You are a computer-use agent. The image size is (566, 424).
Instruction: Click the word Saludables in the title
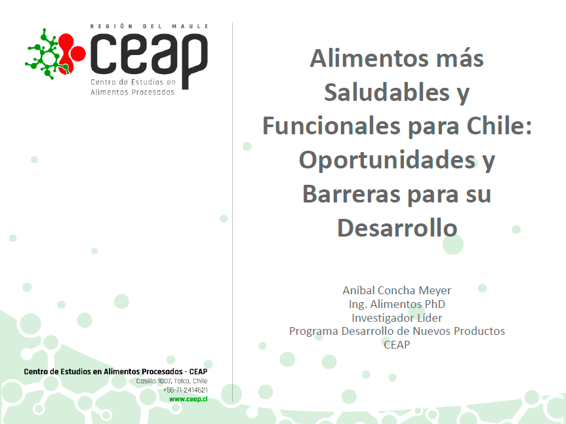[386, 92]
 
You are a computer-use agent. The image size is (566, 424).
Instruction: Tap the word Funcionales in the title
[331, 126]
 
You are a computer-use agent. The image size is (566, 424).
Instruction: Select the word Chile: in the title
[499, 126]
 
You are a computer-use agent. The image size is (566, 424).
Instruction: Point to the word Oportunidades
[387, 160]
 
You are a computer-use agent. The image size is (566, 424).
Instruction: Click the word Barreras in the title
[352, 194]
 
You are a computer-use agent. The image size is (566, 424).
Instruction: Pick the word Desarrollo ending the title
[397, 228]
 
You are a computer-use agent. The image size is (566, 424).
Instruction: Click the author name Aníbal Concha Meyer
[397, 290]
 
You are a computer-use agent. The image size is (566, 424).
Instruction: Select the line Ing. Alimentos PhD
[397, 304]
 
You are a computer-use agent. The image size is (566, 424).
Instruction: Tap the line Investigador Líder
[397, 318]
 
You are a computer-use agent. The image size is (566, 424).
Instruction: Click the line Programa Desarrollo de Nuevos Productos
[397, 331]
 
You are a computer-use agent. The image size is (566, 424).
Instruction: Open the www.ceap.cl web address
[188, 399]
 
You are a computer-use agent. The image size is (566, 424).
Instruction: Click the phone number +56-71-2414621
[185, 390]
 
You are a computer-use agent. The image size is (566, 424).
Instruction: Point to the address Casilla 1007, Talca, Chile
[171, 381]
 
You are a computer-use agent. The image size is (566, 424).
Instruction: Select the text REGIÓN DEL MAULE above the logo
[149, 26]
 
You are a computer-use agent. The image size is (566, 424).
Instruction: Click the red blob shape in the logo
[71, 54]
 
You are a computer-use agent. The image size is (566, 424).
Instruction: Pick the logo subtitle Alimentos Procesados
[132, 92]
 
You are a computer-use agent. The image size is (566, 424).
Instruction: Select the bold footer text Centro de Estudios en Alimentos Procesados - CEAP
[115, 372]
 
